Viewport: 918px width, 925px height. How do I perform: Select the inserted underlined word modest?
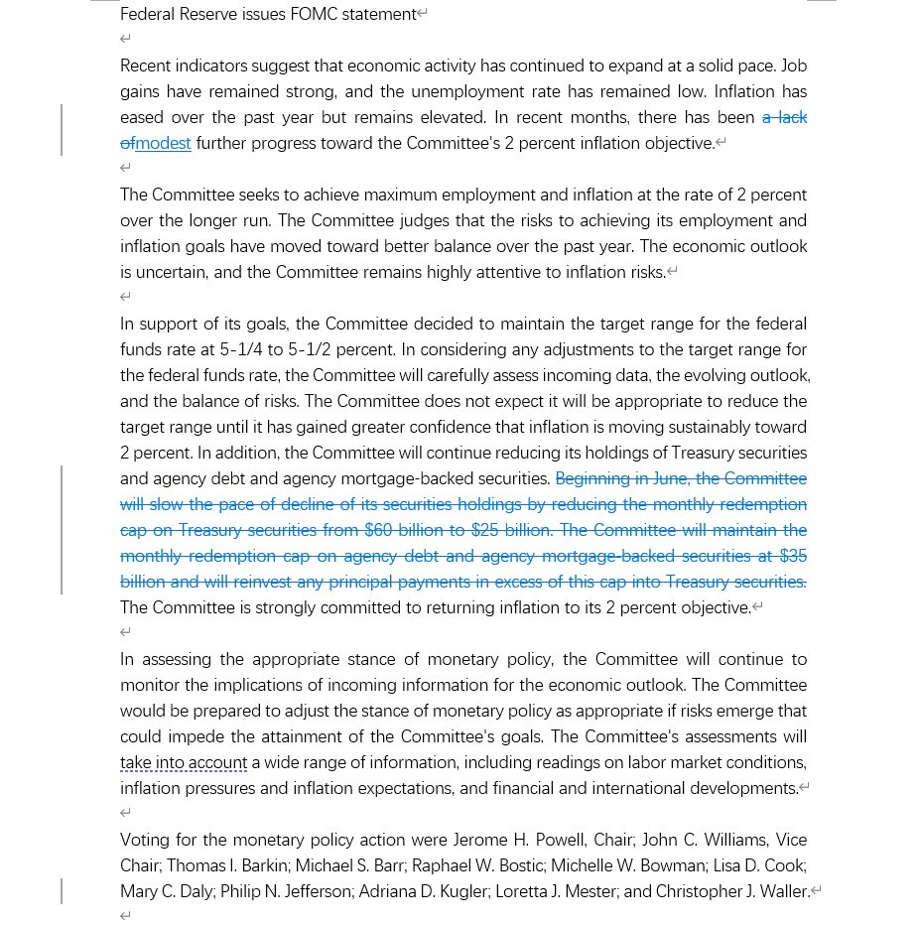click(x=164, y=143)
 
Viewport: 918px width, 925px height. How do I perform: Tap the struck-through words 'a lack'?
click(x=784, y=117)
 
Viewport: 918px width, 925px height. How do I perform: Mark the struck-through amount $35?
click(x=793, y=556)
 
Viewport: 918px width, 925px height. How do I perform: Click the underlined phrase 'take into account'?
click(x=184, y=762)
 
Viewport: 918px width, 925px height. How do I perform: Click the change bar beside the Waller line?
click(x=62, y=891)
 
